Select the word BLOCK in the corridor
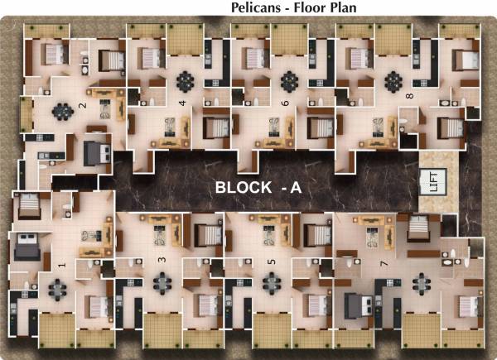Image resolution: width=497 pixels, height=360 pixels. (x=242, y=188)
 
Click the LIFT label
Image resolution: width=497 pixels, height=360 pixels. (x=431, y=181)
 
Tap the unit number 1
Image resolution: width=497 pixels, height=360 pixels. (x=62, y=266)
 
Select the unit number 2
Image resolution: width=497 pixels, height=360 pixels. (x=82, y=105)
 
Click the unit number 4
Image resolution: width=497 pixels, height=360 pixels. (x=182, y=103)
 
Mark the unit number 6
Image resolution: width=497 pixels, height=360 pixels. (x=286, y=103)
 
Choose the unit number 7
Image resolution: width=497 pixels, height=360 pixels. (x=382, y=264)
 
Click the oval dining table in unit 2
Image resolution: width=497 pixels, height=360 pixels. (x=61, y=110)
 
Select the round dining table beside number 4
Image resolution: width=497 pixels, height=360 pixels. (x=186, y=82)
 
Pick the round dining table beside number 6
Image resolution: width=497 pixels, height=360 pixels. (x=289, y=82)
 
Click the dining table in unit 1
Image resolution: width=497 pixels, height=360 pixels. (x=57, y=287)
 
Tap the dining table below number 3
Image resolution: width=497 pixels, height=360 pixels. (x=161, y=281)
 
